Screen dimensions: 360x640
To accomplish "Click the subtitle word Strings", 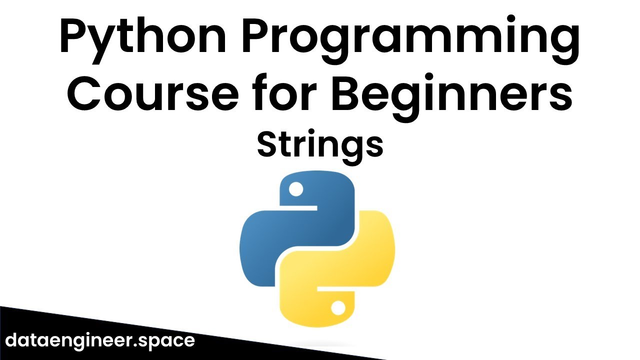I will click(x=320, y=144).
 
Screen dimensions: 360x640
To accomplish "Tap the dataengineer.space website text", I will click(x=100, y=340).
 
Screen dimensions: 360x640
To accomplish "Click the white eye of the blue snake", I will click(x=296, y=189).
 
